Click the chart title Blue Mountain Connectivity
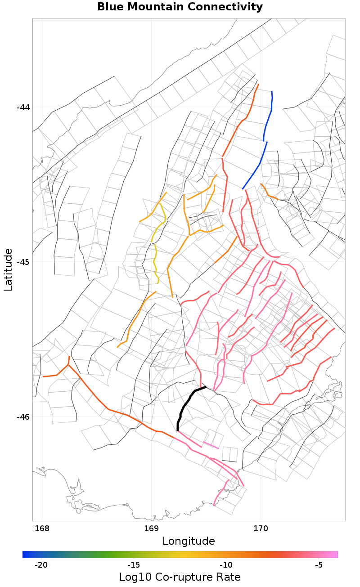pyautogui.click(x=180, y=7)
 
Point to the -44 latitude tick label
pyautogui.click(x=23, y=108)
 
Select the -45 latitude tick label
pyautogui.click(x=23, y=262)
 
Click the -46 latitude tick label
pyautogui.click(x=23, y=417)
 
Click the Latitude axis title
pyautogui.click(x=9, y=269)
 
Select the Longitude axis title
pyautogui.click(x=189, y=541)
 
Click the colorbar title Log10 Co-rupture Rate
pyautogui.click(x=180, y=577)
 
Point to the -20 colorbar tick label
pyautogui.click(x=41, y=565)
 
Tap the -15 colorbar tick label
pyautogui.click(x=134, y=565)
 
